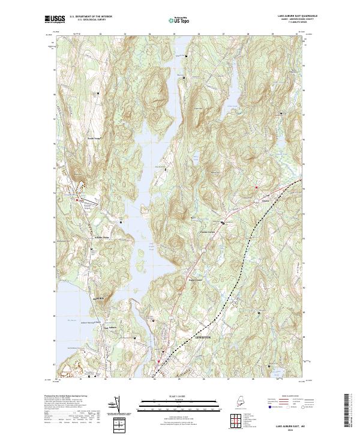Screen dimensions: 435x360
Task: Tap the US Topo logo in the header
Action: pos(177,20)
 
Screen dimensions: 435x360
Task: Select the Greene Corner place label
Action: pos(207,233)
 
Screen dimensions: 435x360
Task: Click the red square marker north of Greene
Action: pos(257,187)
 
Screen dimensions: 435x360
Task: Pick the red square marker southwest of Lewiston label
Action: pos(159,361)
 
